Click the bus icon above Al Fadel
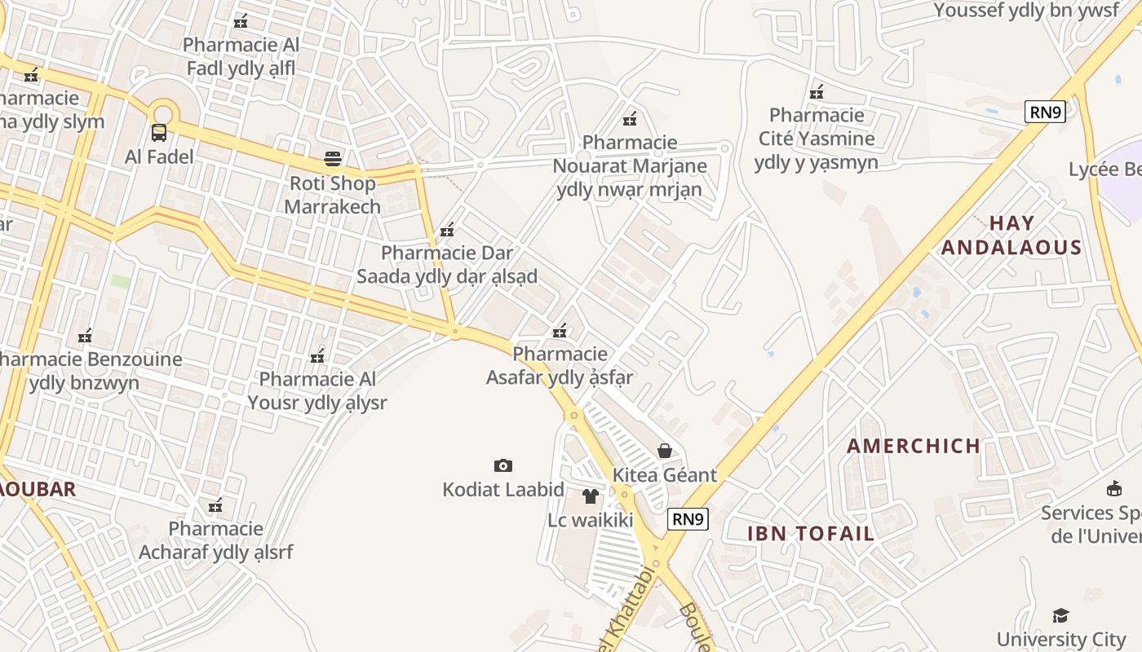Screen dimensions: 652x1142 [x=159, y=132]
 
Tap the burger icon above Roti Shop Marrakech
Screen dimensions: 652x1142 [x=333, y=158]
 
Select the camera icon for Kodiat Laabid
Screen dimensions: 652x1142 [x=503, y=465]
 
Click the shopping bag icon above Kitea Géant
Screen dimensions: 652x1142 [x=665, y=451]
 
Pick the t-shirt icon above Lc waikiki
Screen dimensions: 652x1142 [x=591, y=496]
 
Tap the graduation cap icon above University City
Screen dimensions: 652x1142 [x=1060, y=615]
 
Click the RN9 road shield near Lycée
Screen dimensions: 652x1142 [x=1045, y=112]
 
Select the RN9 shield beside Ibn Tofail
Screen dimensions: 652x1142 [x=688, y=518]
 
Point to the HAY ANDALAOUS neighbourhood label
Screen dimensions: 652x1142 [x=1011, y=236]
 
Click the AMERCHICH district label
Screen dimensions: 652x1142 [x=914, y=446]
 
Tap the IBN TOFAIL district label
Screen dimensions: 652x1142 [x=811, y=534]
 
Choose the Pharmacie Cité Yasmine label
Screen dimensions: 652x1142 [x=816, y=139]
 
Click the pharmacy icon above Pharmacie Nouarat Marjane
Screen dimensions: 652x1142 [x=630, y=120]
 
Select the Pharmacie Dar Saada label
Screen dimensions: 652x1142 [x=447, y=265]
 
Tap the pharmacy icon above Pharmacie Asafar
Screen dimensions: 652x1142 [x=560, y=331]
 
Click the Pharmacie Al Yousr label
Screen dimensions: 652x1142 [x=317, y=391]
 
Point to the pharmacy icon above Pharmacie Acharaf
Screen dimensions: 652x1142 [x=215, y=506]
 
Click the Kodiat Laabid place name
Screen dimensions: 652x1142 [x=503, y=490]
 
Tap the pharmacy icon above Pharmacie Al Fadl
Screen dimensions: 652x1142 [x=241, y=21]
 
